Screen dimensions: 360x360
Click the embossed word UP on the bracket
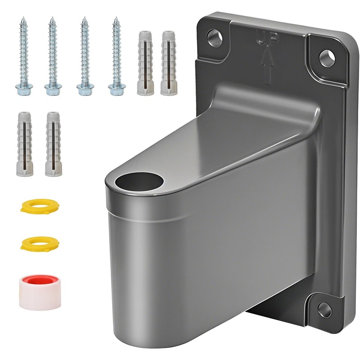click(x=268, y=38)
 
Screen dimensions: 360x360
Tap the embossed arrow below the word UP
click(x=267, y=67)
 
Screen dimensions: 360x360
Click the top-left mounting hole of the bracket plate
click(x=215, y=38)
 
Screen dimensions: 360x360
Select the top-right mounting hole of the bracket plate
click(x=327, y=58)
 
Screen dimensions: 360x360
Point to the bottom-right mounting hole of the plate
click(x=324, y=310)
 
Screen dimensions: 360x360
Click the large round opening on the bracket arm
click(x=139, y=182)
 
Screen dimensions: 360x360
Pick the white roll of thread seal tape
click(x=40, y=292)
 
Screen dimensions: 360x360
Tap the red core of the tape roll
click(x=40, y=280)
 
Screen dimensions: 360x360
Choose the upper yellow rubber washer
click(x=40, y=206)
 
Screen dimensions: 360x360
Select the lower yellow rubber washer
click(x=40, y=243)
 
